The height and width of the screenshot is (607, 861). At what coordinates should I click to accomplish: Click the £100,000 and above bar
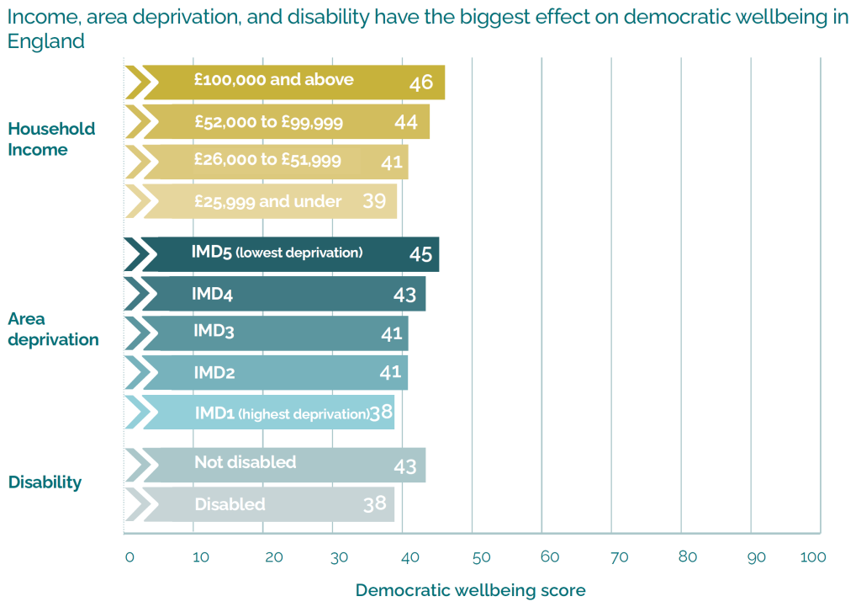point(286,82)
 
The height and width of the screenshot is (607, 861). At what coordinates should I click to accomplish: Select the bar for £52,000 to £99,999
point(277,122)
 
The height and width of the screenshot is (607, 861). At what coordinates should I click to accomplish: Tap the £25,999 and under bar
point(261,202)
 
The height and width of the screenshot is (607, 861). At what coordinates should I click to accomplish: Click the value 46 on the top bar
point(421,83)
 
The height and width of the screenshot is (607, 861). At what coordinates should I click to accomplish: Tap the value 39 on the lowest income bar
point(374,201)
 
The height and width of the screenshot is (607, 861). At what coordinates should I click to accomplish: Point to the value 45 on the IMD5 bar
point(421,254)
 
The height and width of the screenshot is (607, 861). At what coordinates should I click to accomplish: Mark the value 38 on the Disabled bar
point(375,504)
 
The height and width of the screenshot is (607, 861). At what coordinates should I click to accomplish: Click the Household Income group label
point(51,139)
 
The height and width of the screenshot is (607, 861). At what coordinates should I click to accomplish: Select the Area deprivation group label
point(53,329)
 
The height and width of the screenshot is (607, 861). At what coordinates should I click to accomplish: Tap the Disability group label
point(45,482)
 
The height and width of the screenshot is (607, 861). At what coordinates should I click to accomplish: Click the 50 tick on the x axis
point(480,557)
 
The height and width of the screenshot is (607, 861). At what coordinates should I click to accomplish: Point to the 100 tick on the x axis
point(814,557)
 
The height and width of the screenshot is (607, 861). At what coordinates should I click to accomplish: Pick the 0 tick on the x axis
point(129,557)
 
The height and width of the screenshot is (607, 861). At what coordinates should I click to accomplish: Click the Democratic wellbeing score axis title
point(470,590)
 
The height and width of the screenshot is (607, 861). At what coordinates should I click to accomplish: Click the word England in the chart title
point(46,41)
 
